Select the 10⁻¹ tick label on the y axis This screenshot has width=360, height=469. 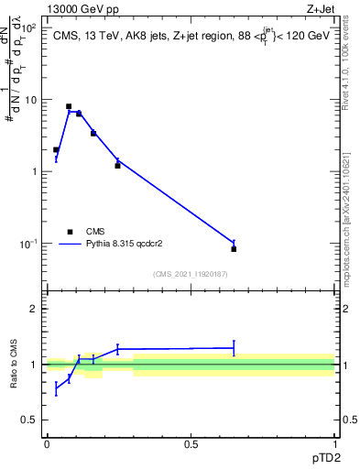29,244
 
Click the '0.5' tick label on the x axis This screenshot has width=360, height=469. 191,444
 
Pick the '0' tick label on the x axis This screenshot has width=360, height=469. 47,444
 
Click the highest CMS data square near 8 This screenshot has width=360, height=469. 69,106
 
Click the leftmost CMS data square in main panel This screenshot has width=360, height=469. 56,149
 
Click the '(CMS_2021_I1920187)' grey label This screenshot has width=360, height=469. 191,273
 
